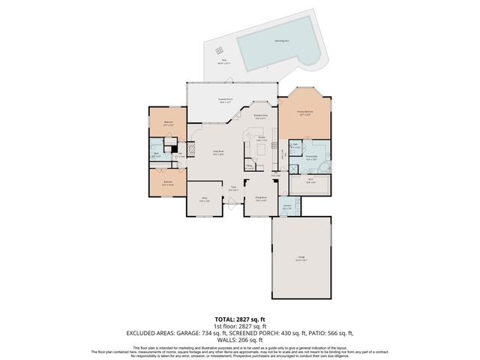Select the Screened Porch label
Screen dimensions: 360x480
coord(224,100)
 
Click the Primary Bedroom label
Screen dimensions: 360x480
coord(304,113)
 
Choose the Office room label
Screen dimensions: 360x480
coord(203,199)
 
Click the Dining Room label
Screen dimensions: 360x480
coord(261,199)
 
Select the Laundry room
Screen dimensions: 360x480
coord(286,207)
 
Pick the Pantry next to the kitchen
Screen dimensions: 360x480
coord(249,166)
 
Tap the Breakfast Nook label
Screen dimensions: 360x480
coord(261,117)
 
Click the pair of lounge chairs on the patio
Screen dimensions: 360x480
coord(220,50)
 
